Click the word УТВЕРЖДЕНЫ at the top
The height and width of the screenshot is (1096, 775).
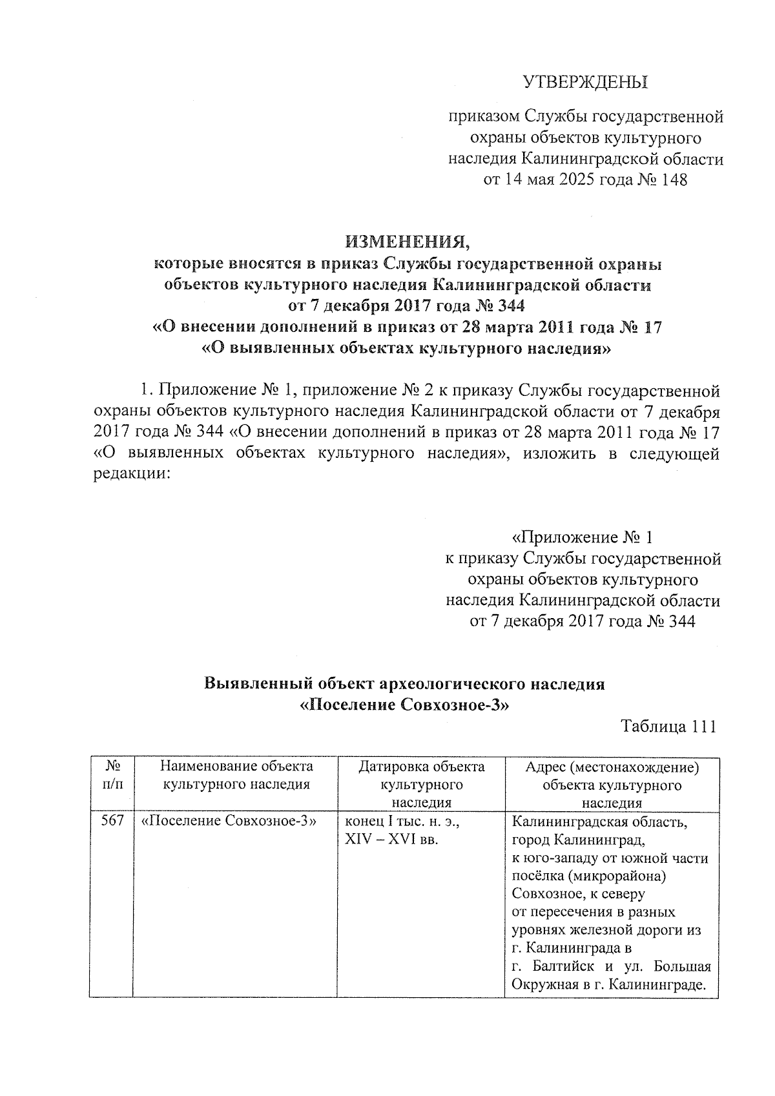point(584,82)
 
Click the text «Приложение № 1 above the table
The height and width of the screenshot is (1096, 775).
point(583,537)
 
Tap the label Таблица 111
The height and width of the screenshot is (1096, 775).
point(668,726)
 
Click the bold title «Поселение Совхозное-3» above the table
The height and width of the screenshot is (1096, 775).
point(406,704)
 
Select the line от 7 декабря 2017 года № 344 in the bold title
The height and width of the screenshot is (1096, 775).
point(407,305)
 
